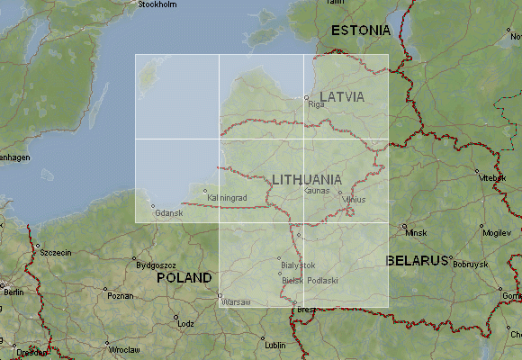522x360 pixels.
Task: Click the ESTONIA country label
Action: pos(360,31)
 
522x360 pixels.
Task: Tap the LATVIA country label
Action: pos(342,96)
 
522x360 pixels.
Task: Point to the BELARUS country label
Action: pos(418,261)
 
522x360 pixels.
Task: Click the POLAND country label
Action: pos(184,278)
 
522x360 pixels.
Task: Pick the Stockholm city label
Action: pos(157,4)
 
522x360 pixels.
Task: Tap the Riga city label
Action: pos(316,105)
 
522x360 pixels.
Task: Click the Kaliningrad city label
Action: pos(226,197)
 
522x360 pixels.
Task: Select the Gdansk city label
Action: pos(168,213)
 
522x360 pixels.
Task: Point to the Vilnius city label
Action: pos(354,199)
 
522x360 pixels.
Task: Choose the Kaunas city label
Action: pos(319,191)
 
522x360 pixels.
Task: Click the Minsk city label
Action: pos(416,233)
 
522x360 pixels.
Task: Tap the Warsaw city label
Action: pos(236,301)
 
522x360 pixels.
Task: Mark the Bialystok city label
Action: pos(299,265)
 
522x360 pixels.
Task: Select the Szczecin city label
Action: pos(55,253)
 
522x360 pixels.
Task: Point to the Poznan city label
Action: pos(120,295)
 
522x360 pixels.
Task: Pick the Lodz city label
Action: pos(186,323)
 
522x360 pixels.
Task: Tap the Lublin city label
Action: pos(275,345)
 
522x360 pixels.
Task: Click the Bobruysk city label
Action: pos(470,265)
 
